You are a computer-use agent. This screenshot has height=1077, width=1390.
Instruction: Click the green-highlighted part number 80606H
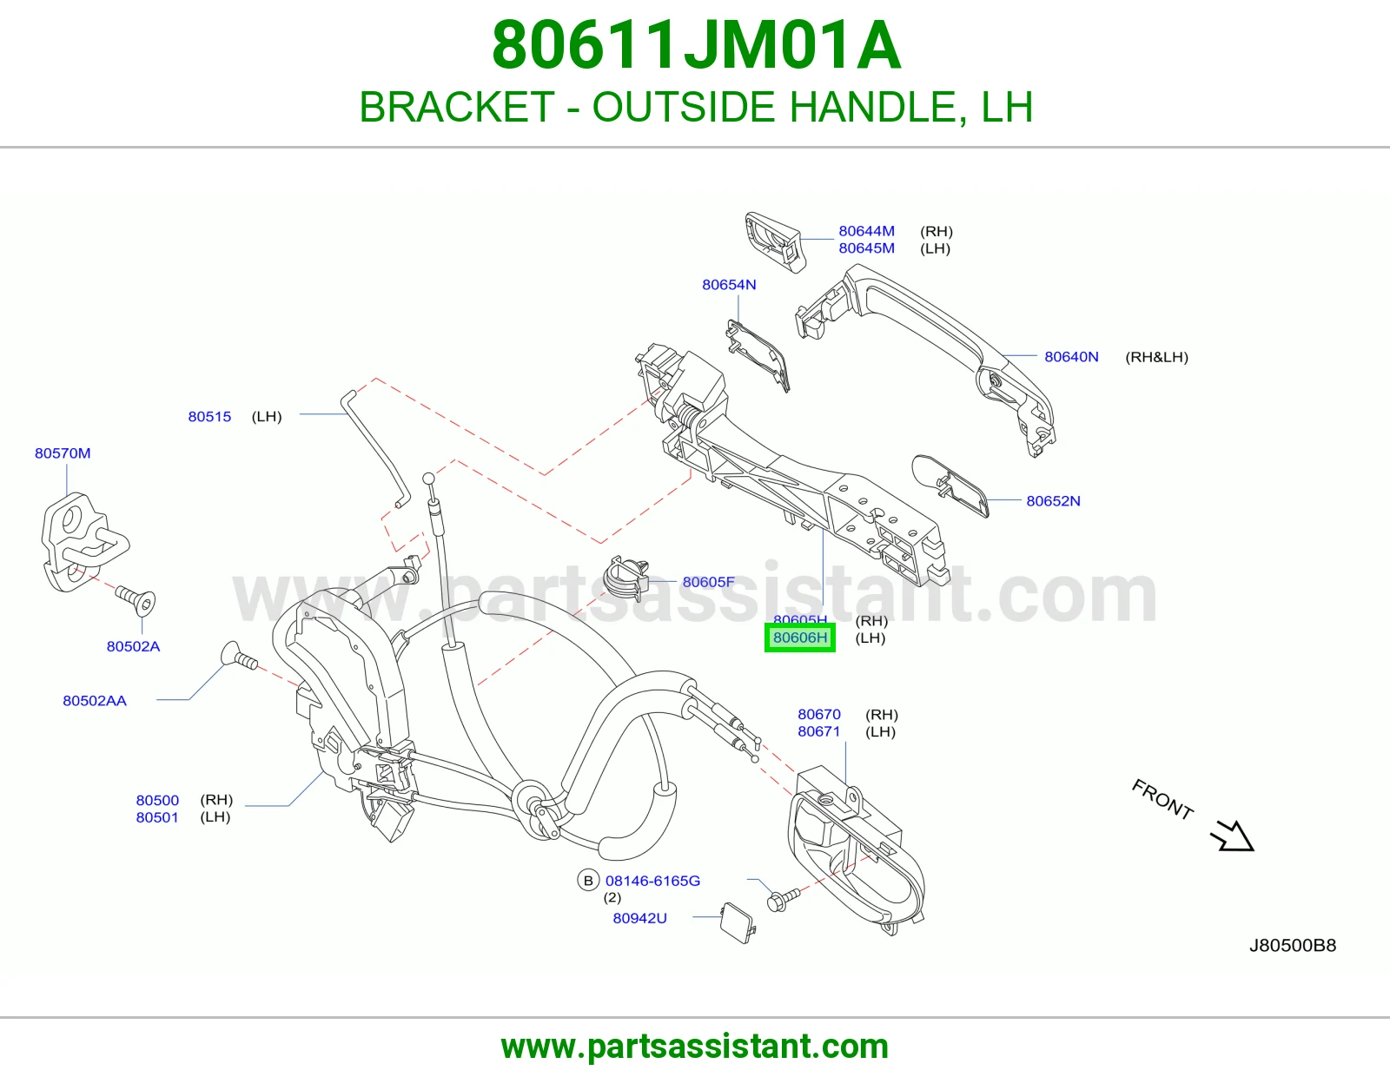(x=799, y=638)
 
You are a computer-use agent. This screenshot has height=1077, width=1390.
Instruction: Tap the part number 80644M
(x=866, y=231)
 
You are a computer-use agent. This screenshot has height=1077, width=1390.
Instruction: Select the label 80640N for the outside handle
(x=1071, y=357)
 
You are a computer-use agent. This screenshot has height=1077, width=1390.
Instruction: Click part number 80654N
(x=729, y=285)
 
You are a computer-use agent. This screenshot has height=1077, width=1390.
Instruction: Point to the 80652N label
(x=1053, y=501)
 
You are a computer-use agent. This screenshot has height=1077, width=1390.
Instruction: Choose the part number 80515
(x=209, y=416)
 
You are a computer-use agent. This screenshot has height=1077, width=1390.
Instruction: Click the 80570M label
(x=62, y=453)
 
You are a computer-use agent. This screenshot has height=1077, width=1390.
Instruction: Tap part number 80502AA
(x=94, y=700)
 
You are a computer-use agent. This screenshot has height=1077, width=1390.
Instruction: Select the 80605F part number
(x=708, y=582)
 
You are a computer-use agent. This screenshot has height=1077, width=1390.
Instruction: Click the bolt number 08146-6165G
(x=652, y=881)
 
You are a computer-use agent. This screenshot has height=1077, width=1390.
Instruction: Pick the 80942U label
(x=639, y=918)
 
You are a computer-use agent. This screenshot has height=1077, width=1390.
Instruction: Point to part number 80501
(x=156, y=817)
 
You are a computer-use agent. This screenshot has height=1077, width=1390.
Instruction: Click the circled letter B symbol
(x=588, y=881)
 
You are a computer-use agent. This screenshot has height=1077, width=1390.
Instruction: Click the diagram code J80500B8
(x=1292, y=945)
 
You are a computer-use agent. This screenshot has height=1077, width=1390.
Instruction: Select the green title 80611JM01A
(x=696, y=45)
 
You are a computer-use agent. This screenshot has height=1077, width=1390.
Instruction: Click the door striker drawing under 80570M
(x=84, y=542)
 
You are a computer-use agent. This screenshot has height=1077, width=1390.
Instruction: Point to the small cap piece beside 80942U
(x=738, y=923)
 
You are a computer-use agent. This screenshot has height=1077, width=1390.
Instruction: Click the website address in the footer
(x=695, y=1047)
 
